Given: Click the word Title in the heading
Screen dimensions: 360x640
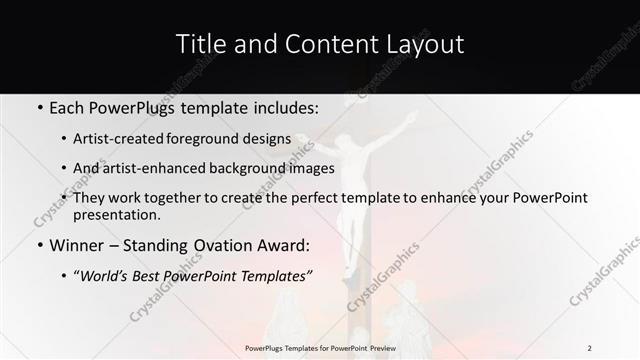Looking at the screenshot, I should click(199, 44).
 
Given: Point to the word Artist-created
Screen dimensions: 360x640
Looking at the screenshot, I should click(125, 139).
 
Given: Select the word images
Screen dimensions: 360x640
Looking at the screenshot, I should click(311, 168).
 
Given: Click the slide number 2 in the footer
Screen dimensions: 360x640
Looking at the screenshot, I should click(589, 348).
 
